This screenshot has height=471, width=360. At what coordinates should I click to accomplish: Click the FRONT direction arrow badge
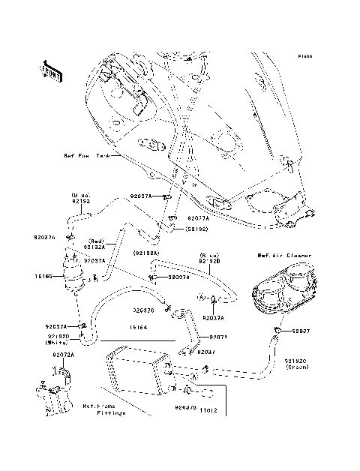[52, 70]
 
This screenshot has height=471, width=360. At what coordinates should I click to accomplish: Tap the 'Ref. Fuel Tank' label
[86, 156]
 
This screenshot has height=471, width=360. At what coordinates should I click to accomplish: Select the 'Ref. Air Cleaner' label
[279, 256]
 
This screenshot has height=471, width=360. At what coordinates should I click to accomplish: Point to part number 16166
[43, 277]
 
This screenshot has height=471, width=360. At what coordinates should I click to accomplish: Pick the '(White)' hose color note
[56, 343]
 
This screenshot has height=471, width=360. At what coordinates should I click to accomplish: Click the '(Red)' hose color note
[98, 241]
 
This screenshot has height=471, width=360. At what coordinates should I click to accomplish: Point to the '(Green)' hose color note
[297, 367]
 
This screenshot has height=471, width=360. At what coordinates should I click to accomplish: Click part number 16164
[136, 327]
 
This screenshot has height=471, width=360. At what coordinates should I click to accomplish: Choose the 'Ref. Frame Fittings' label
[104, 409]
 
